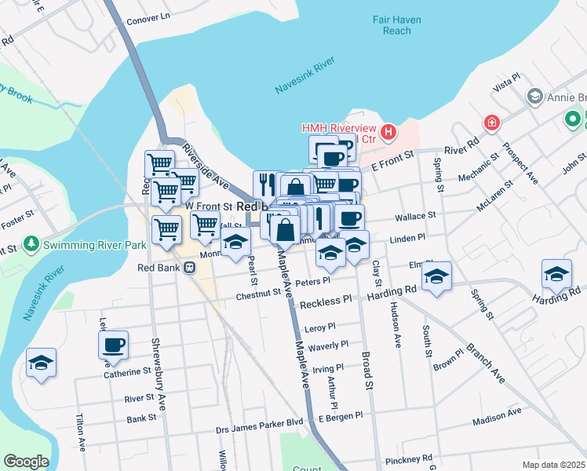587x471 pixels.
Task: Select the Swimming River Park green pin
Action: [31, 245]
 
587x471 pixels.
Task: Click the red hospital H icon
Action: [388, 133]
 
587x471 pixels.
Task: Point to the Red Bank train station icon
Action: [189, 268]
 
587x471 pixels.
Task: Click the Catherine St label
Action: [126, 373]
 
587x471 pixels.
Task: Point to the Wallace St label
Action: [416, 215]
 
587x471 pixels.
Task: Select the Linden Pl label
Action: [407, 237]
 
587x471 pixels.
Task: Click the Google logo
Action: [26, 462]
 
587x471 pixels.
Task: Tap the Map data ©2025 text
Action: [554, 465]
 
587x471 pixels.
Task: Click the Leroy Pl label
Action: [320, 327]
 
